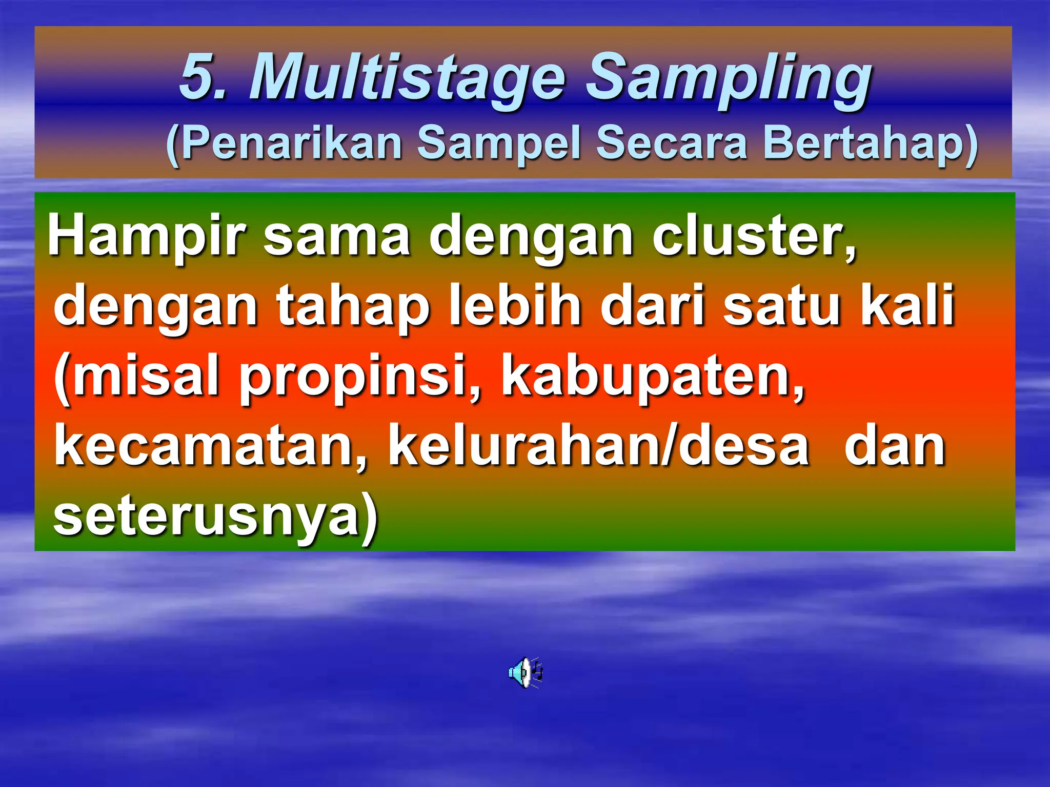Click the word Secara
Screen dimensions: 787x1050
click(672, 143)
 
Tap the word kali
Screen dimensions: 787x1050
click(907, 306)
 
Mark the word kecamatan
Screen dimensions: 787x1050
click(210, 447)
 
